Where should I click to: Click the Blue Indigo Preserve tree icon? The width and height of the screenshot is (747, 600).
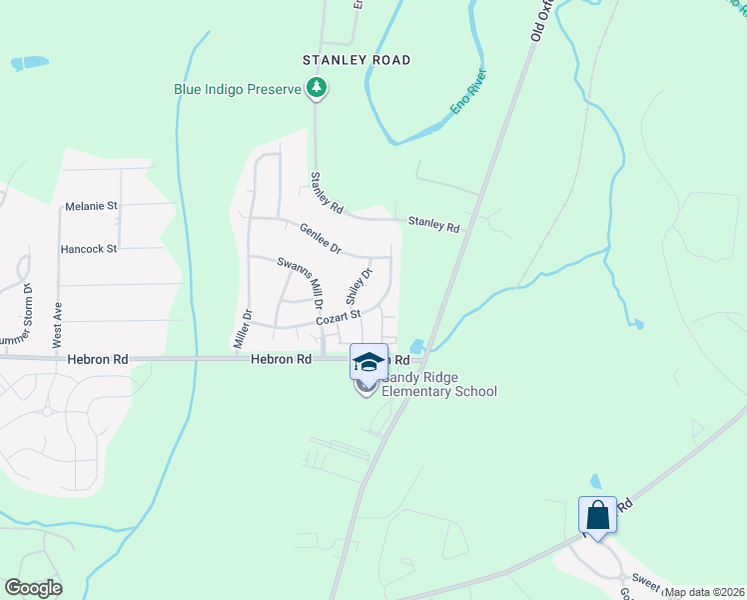tap(317, 89)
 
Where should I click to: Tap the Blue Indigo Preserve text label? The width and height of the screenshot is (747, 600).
tap(238, 89)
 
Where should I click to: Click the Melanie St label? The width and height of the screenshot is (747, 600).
tap(91, 206)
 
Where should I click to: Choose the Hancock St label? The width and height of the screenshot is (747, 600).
tap(89, 248)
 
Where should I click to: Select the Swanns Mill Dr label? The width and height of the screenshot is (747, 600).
tap(301, 281)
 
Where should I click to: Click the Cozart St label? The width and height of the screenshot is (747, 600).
tap(337, 316)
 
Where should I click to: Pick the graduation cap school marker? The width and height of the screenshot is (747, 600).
tap(368, 362)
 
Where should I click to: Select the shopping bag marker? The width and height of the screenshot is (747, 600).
tap(597, 516)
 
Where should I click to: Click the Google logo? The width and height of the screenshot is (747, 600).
tap(33, 588)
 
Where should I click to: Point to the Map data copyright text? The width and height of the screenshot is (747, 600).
tap(704, 592)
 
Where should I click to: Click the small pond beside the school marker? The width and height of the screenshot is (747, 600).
tap(416, 347)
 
